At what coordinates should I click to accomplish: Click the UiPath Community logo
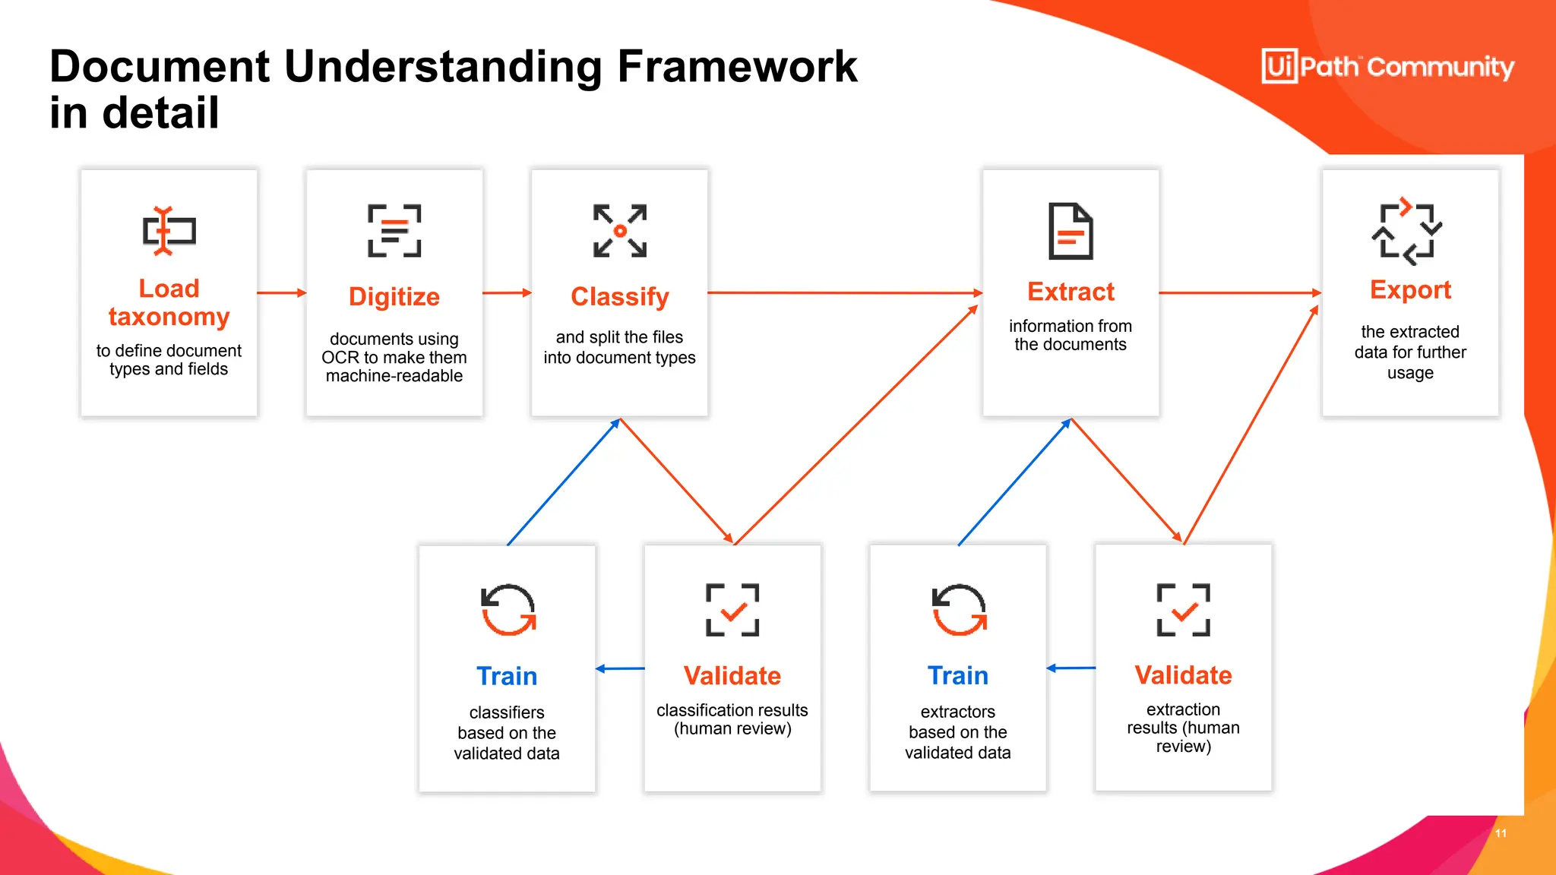(x=1387, y=67)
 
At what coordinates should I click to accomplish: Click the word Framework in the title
(x=737, y=66)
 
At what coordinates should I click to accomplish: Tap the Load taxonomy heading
(x=169, y=302)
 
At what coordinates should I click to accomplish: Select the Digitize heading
(x=394, y=296)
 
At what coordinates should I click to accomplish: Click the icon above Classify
(x=620, y=231)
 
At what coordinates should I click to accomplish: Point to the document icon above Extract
(x=1071, y=231)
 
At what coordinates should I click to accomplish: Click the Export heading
(x=1410, y=289)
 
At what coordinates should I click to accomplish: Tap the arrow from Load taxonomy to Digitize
(x=282, y=292)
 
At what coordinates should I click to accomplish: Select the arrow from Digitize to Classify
(x=507, y=292)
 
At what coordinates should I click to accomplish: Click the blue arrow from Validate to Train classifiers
(x=620, y=668)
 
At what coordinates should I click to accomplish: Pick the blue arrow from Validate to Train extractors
(x=1071, y=668)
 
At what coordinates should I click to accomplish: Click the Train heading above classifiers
(x=507, y=676)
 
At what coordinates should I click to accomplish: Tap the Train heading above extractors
(x=957, y=675)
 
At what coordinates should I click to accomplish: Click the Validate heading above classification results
(x=732, y=675)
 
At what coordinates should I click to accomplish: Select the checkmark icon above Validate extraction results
(x=1183, y=610)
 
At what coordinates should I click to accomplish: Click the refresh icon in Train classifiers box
(x=508, y=610)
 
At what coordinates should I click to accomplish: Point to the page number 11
(x=1501, y=833)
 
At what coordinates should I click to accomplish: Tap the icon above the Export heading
(x=1407, y=232)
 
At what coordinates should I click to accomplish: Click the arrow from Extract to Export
(x=1240, y=292)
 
